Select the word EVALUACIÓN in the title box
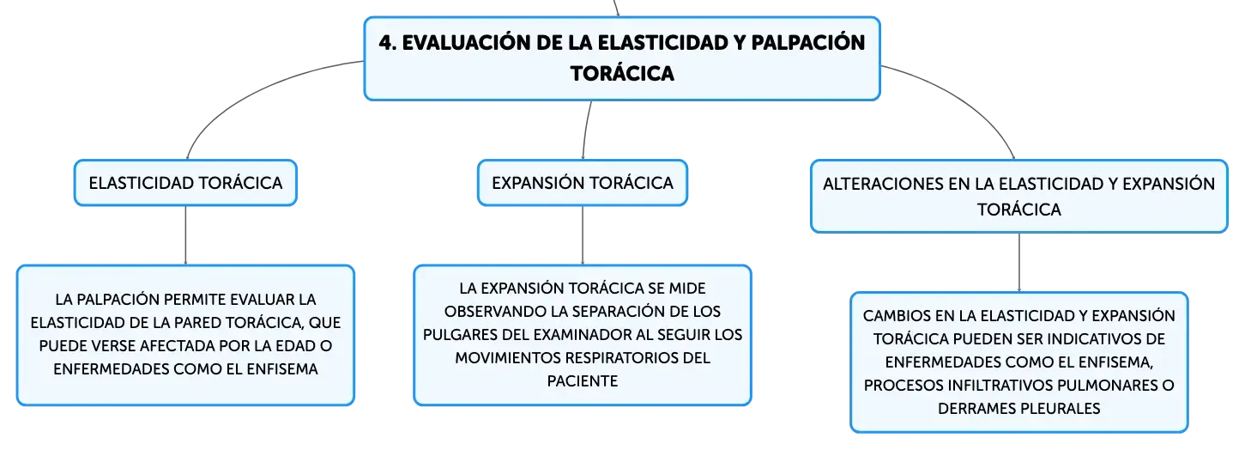click(x=466, y=42)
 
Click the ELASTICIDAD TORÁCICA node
click(x=185, y=183)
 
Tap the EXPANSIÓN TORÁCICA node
click(x=583, y=183)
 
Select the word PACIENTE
click(x=583, y=381)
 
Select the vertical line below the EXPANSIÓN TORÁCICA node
click(x=583, y=235)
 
